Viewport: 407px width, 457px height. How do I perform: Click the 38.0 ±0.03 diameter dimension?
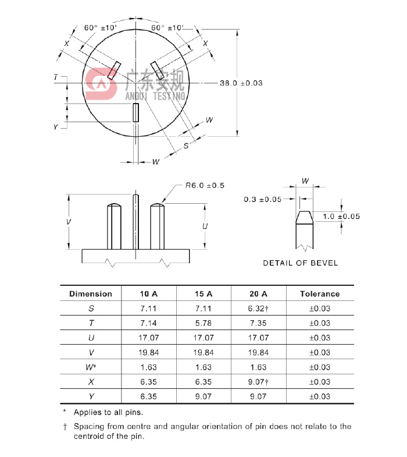(241, 83)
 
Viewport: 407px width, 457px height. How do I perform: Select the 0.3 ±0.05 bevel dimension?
(262, 199)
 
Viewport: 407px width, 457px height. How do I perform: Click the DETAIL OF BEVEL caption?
(300, 263)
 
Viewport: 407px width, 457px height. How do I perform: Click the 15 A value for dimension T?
(204, 323)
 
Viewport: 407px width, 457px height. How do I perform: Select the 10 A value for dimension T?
(149, 323)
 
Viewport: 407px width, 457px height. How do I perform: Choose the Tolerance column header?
(319, 294)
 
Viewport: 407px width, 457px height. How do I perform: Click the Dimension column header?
(90, 294)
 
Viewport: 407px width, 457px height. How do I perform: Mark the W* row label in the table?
(91, 367)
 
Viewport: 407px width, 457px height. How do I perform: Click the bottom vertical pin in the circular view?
(136, 112)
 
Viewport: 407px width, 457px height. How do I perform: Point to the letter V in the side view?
(69, 222)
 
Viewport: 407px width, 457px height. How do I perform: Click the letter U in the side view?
(205, 226)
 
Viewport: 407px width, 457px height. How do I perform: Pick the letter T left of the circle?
(56, 77)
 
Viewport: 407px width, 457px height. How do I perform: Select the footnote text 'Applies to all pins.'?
(108, 412)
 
